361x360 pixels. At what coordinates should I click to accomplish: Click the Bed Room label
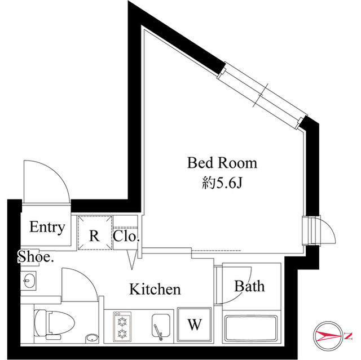tap(222, 163)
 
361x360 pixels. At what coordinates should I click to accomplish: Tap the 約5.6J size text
tap(222, 183)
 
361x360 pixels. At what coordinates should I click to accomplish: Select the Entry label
tap(47, 228)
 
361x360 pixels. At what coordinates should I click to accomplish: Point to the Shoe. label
tap(36, 257)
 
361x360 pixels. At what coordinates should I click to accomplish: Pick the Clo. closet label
tap(126, 237)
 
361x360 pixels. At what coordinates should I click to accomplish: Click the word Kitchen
tap(155, 290)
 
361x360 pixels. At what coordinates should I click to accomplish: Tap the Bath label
tap(249, 286)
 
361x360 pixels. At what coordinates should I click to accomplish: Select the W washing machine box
tap(194, 324)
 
